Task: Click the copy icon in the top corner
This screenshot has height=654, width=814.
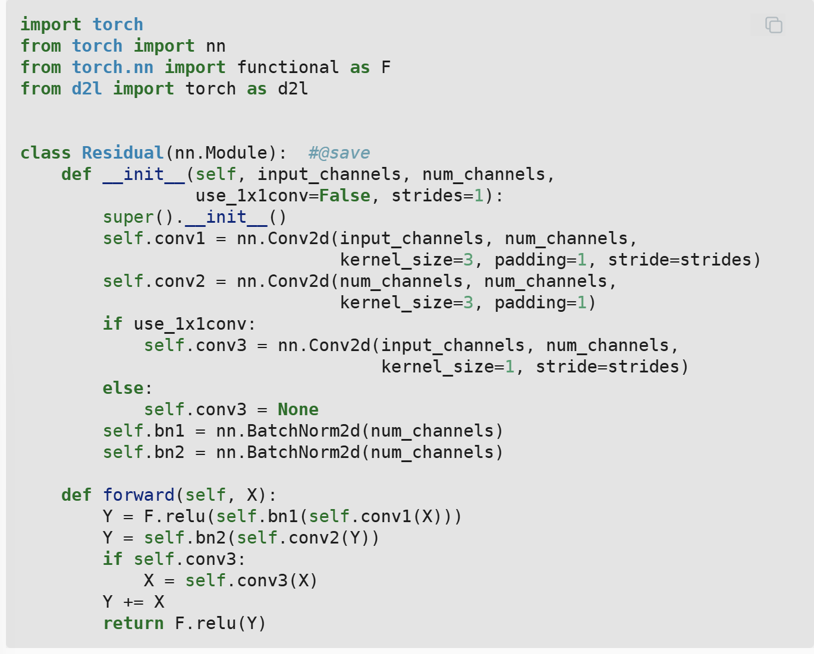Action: pos(774,25)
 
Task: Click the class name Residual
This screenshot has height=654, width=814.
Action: pos(122,153)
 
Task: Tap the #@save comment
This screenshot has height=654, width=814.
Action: pos(339,153)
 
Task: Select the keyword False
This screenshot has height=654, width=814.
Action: pos(344,195)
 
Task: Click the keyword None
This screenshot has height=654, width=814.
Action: pos(298,409)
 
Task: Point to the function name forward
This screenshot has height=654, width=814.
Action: pos(139,495)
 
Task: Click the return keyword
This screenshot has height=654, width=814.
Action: pos(133,623)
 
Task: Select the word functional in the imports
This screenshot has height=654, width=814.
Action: pos(288,67)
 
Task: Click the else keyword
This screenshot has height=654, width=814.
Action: pos(123,388)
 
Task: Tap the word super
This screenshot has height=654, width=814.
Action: pos(128,217)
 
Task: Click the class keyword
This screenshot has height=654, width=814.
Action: pos(46,153)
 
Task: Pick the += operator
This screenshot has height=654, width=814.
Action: pos(133,602)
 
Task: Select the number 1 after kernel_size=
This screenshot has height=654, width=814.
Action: pos(510,367)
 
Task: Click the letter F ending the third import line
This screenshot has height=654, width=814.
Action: pos(386,67)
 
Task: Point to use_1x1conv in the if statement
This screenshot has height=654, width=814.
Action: pos(190,324)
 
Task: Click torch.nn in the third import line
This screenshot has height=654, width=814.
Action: pos(112,67)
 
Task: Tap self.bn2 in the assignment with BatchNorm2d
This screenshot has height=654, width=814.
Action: pos(143,452)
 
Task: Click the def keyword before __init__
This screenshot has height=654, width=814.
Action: pos(76,174)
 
